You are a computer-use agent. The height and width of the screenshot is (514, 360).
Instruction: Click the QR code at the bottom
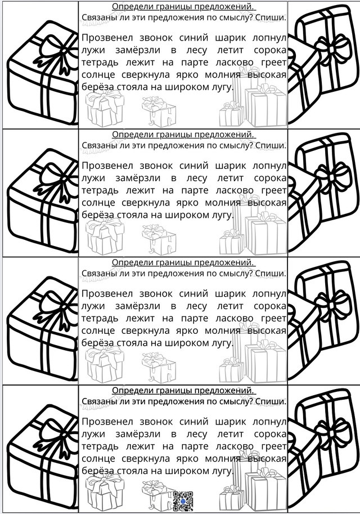tap(183, 501)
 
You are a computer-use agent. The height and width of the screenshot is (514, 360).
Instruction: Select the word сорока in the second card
tap(270, 178)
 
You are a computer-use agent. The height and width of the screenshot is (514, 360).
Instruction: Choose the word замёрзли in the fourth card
tap(138, 434)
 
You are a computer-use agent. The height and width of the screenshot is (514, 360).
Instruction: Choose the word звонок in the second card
tap(156, 166)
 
